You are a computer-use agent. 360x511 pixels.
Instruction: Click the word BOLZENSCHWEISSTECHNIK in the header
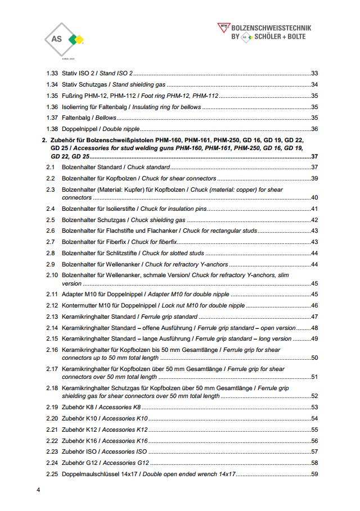tap(271, 27)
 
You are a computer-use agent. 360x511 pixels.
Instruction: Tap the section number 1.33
tap(52, 74)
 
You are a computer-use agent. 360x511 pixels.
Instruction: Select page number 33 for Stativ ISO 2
tap(314, 74)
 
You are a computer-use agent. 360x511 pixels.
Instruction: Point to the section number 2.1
tap(50, 167)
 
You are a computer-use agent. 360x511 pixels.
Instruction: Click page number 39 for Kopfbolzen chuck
tap(314, 178)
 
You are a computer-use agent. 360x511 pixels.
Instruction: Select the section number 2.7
tap(50, 242)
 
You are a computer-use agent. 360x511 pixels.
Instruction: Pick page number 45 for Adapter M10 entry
tap(314, 294)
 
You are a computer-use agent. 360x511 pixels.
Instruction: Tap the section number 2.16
tap(52, 350)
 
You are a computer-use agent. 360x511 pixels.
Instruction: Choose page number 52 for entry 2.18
tap(314, 396)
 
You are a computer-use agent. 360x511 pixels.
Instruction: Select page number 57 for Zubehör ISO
tap(314, 451)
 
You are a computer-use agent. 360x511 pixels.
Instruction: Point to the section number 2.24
tap(52, 463)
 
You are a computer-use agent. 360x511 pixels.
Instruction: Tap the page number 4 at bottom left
tap(38, 491)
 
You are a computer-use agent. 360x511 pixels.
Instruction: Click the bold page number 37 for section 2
tap(314, 156)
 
